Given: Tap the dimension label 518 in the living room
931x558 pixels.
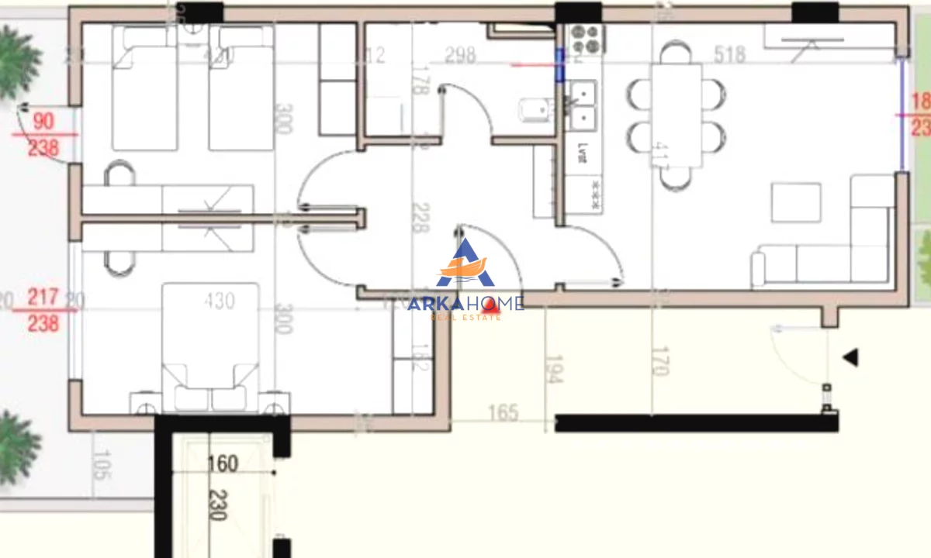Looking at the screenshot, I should coord(729,55).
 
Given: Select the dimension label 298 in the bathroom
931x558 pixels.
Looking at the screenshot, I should coord(459,55).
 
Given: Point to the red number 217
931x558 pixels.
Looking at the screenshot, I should coord(43,297).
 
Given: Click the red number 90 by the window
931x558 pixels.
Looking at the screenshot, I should coord(43,122).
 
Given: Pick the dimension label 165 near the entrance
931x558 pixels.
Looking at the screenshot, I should coord(503,413).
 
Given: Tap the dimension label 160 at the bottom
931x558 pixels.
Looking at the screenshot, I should coord(223,464).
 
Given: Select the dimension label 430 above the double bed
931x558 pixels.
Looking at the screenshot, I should coord(220,300).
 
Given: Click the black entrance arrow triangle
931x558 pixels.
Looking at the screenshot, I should coord(850,357).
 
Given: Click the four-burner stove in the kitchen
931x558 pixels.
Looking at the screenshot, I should coord(586,38).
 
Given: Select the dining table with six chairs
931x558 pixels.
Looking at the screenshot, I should coord(676,115).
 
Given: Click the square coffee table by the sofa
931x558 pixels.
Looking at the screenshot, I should coord(795,202).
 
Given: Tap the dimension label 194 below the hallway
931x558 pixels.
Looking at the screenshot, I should coord(554,369).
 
